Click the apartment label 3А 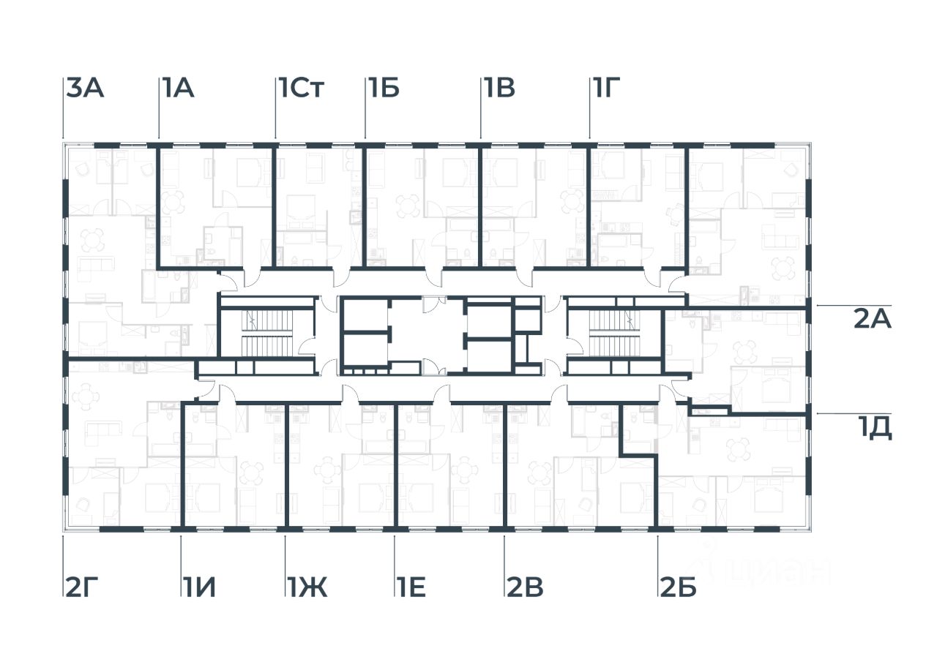click(86, 89)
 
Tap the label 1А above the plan click(177, 89)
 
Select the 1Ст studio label click(301, 89)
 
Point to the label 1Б click(384, 89)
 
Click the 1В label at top click(499, 89)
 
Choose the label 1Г click(606, 89)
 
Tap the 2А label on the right click(872, 320)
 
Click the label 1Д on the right click(874, 429)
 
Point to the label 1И click(199, 587)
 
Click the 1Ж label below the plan click(307, 587)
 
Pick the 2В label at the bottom click(525, 587)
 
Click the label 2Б click(678, 587)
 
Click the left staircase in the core click(267, 333)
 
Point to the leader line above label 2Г click(63, 556)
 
